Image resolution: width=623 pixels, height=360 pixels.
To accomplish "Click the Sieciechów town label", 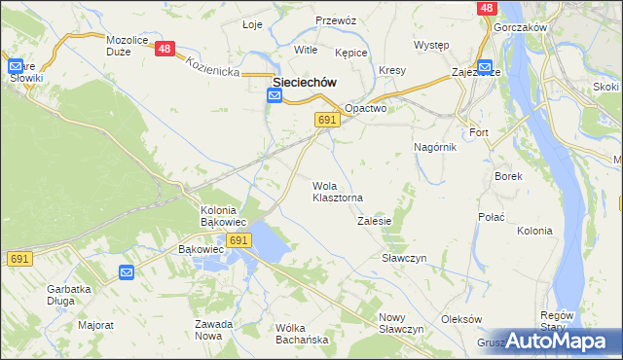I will coord(305,83).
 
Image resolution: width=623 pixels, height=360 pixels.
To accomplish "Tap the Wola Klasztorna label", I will coord(338,192).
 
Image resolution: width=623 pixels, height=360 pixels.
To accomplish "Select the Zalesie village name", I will coord(374,221).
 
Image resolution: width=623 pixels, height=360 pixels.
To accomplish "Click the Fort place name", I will coord(479,131).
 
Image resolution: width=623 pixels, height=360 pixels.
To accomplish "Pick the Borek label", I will coord(509,176).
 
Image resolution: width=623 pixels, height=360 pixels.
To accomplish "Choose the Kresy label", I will coord(392,71).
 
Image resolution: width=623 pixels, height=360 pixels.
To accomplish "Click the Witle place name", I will coord(306,49).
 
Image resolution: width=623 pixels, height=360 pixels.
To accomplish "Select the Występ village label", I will coord(430,46).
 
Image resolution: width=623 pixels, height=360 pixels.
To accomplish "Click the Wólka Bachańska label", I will coord(302,333).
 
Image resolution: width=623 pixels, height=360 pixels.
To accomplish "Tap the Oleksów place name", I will coord(461,319).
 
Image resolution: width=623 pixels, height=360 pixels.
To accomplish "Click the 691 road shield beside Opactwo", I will coord(327,119).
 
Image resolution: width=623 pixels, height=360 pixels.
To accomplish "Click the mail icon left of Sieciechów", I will coord(274,95).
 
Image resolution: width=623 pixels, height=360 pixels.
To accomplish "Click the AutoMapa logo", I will coord(559,342).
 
